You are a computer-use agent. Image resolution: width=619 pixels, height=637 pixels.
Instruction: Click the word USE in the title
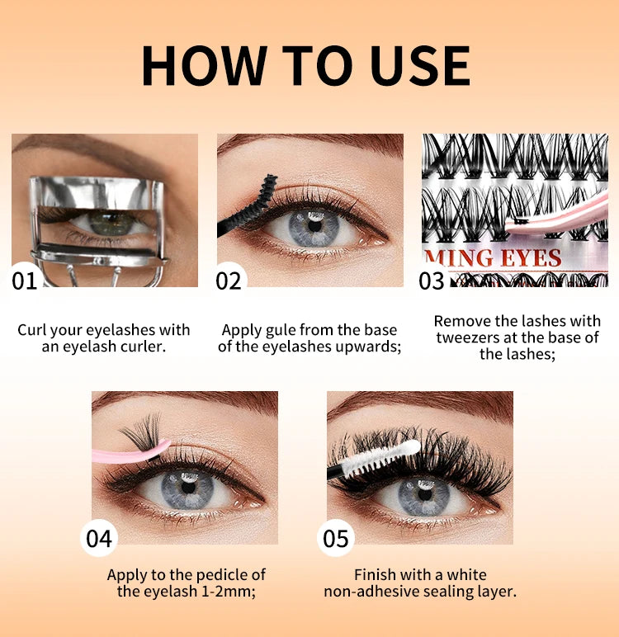coord(420,65)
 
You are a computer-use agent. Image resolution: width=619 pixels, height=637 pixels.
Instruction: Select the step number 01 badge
coord(26,280)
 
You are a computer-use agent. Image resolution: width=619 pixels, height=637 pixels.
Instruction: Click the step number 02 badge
coord(229,280)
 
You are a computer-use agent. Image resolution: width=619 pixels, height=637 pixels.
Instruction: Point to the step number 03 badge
coord(432,281)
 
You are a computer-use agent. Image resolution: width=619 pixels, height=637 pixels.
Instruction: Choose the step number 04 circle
coord(99,538)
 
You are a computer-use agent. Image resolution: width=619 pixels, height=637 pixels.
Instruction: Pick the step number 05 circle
coord(336,539)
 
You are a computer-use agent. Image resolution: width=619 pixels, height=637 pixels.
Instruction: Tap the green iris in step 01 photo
coord(111,222)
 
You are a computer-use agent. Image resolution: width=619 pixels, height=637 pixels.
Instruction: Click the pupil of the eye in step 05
coord(424,495)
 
